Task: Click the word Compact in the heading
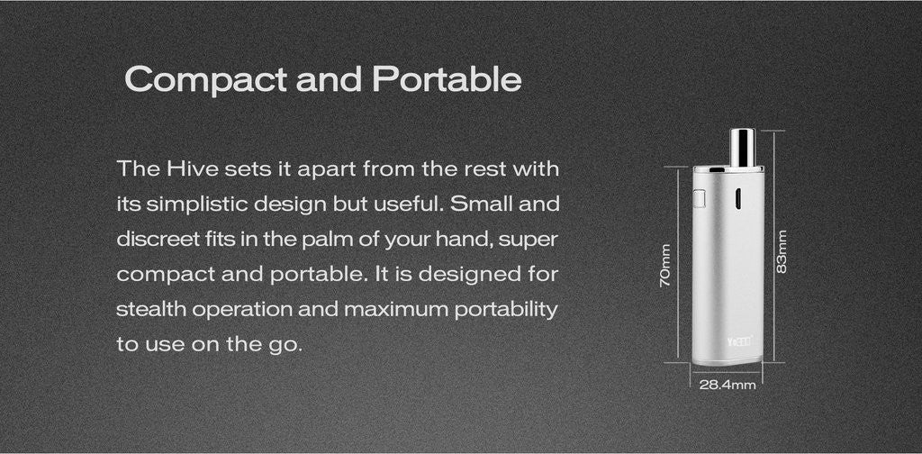pyautogui.click(x=206, y=80)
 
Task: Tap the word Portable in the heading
pyautogui.click(x=447, y=78)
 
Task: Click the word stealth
pyautogui.click(x=150, y=309)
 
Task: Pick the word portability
pyautogui.click(x=505, y=310)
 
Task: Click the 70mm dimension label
pyautogui.click(x=665, y=265)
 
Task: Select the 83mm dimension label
pyautogui.click(x=782, y=251)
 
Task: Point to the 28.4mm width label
pyautogui.click(x=728, y=386)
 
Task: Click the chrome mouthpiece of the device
pyautogui.click(x=742, y=148)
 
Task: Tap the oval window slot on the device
pyautogui.click(x=737, y=199)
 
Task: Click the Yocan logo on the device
pyautogui.click(x=740, y=340)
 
